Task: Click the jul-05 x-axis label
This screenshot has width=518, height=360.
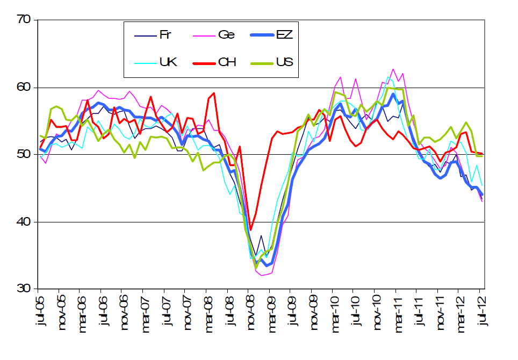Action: (39, 311)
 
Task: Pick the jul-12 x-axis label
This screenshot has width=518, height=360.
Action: (480, 311)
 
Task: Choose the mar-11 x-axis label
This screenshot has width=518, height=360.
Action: (396, 312)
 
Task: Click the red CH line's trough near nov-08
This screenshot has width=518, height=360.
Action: (250, 229)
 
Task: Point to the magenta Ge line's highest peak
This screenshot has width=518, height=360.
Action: (393, 69)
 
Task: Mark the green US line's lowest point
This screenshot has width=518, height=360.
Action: (256, 268)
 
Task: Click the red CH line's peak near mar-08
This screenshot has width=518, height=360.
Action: (214, 93)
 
